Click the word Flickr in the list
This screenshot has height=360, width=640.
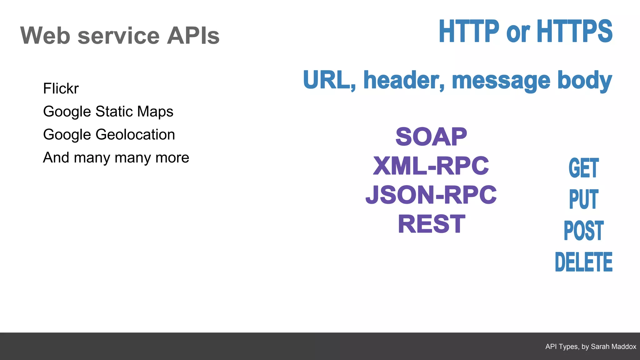tap(61, 88)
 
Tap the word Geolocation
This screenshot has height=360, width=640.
tap(135, 135)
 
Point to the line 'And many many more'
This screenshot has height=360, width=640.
tap(116, 157)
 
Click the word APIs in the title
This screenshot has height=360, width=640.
tap(193, 36)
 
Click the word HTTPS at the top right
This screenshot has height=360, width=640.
tap(574, 31)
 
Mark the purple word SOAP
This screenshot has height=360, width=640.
tap(431, 137)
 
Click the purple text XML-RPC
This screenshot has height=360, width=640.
tap(431, 166)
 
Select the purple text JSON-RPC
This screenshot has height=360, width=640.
tap(431, 195)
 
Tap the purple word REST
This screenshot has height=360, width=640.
tap(432, 224)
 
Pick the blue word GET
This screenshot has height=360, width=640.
tap(583, 168)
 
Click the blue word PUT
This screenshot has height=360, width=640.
tap(583, 199)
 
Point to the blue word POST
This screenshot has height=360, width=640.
tap(583, 231)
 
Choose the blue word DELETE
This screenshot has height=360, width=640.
tap(583, 262)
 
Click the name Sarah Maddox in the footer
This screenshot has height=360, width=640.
tap(613, 347)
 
